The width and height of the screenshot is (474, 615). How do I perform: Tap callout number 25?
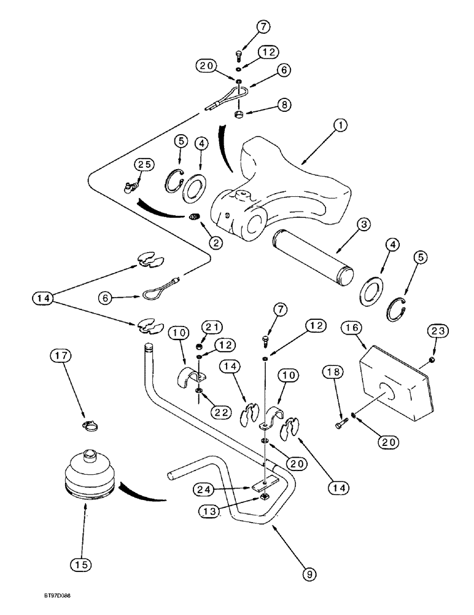[146, 165]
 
